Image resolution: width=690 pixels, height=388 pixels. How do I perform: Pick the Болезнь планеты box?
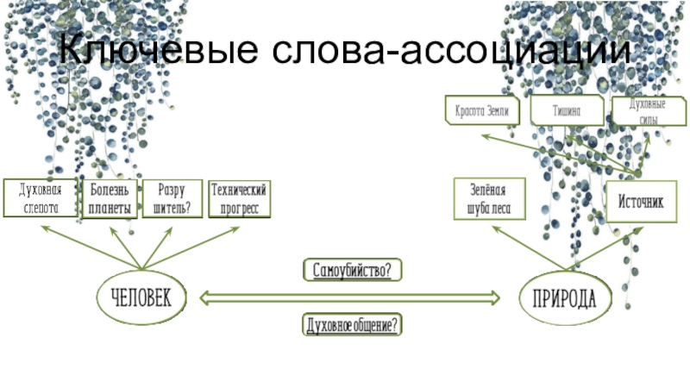109,199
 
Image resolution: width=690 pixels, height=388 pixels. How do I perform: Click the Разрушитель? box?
172,199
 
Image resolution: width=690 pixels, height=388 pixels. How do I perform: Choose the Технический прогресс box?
240,199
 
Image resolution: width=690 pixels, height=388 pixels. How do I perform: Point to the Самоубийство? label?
353,271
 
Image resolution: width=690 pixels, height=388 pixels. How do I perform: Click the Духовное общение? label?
353,325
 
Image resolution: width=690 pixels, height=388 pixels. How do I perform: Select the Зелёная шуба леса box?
489,199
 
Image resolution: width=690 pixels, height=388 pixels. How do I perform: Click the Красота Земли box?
483,111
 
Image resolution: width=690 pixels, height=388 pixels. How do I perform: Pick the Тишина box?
566,111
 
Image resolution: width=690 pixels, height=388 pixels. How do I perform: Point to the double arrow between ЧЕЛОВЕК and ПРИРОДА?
350,297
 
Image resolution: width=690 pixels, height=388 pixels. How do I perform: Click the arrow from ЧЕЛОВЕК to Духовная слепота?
86,246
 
